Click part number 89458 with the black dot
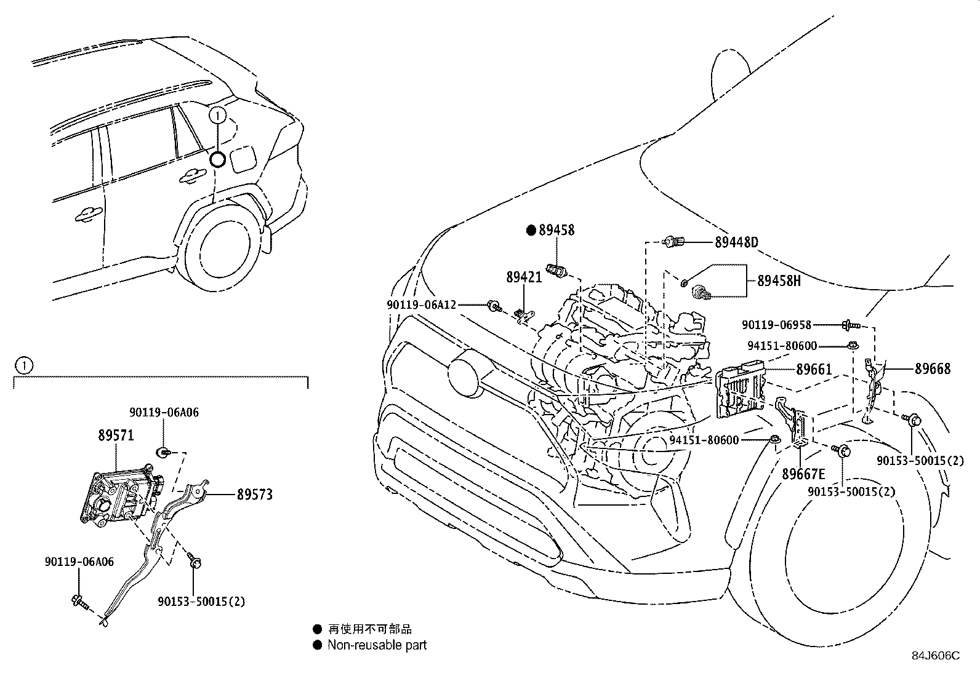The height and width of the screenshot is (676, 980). click(556, 230)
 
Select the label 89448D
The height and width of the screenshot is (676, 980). click(736, 242)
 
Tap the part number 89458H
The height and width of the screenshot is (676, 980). click(779, 280)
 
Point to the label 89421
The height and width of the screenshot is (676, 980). click(524, 277)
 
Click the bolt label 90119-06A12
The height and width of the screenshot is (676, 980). click(421, 304)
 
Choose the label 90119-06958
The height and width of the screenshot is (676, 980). click(776, 325)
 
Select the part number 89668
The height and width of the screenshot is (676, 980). click(932, 368)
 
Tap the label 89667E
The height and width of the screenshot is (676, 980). click(803, 474)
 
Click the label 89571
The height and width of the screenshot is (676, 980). click(116, 435)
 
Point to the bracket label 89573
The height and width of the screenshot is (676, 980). click(254, 495)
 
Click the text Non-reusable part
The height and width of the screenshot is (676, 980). click(377, 645)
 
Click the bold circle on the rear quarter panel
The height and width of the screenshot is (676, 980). click(218, 160)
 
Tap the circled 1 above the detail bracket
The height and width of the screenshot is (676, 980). click(23, 366)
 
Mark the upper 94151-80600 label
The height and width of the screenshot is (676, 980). click(782, 346)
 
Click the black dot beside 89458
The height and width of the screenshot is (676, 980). click(531, 230)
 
